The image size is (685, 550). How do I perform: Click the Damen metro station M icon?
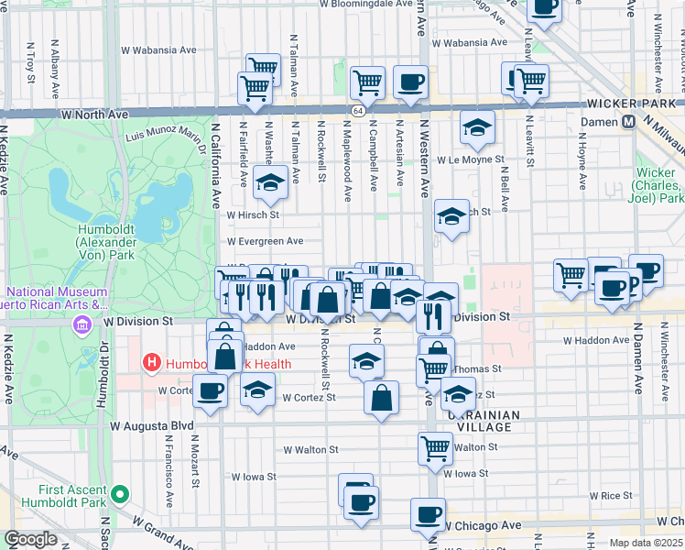tap(629, 121)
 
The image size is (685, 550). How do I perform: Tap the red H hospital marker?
tap(152, 364)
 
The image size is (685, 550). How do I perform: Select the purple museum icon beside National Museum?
tap(83, 325)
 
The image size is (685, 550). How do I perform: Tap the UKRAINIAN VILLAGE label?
tap(484, 422)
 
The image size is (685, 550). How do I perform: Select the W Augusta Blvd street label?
tap(152, 426)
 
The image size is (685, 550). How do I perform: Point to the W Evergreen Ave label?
tap(265, 241)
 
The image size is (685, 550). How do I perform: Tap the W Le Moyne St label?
tap(471, 159)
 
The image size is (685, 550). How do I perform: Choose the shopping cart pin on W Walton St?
tap(435, 448)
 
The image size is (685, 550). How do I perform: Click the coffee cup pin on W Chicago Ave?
tap(428, 514)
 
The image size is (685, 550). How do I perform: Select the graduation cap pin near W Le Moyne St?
tap(477, 129)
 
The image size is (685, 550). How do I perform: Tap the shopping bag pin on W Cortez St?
tap(382, 396)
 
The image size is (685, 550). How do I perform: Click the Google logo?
tap(30, 539)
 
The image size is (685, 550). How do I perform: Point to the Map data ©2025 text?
tap(646, 543)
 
